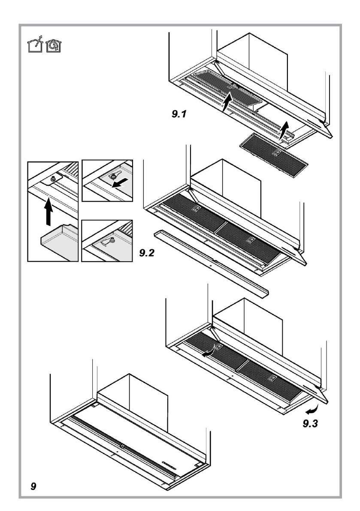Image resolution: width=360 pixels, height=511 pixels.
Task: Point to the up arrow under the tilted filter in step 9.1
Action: tap(227, 103)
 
